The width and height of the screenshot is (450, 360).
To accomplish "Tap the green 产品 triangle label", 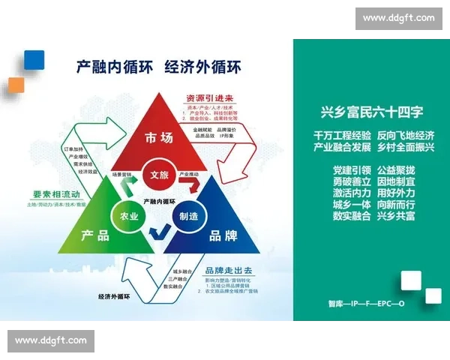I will pos(94,235).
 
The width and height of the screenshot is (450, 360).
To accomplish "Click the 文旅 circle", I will pos(159,175).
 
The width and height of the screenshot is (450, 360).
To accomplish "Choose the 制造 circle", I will pos(188,216).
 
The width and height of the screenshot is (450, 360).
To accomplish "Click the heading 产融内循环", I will pos(112,66).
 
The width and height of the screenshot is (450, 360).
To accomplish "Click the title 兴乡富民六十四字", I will pos(372,112).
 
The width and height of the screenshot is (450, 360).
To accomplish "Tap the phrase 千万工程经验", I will pos(342,136).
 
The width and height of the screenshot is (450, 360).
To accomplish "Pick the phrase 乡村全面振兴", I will pos(406,147).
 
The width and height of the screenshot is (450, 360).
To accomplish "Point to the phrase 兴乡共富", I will pos(396,216).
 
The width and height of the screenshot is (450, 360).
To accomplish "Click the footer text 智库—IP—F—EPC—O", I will pos(366,304).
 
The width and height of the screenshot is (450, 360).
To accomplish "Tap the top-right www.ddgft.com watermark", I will pos(398,18).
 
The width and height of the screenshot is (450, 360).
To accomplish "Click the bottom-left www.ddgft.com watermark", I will pos(51,341).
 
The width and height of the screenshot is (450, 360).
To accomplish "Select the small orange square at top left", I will pos(16,84).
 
